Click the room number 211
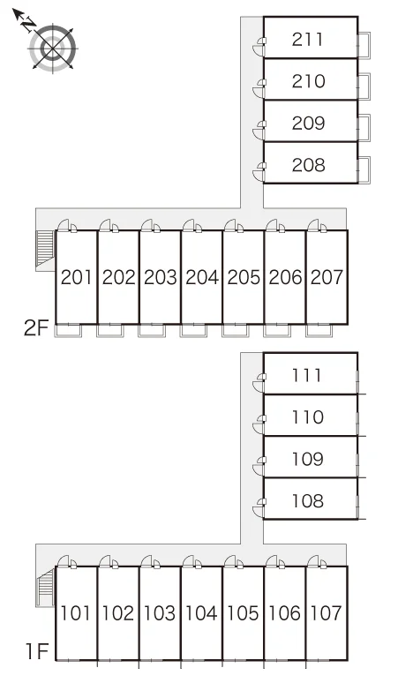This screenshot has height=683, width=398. (x=307, y=40)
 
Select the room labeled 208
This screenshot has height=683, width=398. (x=308, y=165)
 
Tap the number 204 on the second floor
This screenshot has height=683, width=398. (x=202, y=277)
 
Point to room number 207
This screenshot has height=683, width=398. (x=327, y=277)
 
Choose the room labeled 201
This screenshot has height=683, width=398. (x=76, y=277)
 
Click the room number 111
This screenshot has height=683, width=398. (x=307, y=376)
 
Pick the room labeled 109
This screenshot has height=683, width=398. (x=307, y=459)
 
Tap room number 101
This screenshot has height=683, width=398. (x=75, y=613)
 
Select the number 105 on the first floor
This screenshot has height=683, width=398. (x=243, y=613)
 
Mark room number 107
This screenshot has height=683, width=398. (x=327, y=613)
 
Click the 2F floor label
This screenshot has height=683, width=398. (x=35, y=328)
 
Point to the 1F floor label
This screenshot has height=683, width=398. (x=36, y=652)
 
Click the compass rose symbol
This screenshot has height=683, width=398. (x=53, y=48)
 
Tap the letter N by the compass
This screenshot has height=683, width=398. (x=30, y=24)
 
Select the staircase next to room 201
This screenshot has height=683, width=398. (x=44, y=248)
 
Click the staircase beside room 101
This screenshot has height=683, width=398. (x=45, y=587)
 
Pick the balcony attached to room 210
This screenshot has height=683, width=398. (x=364, y=86)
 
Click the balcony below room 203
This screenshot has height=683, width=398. (x=152, y=331)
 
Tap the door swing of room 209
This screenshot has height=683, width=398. (x=259, y=131)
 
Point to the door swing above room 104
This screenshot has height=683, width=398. (x=192, y=562)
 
